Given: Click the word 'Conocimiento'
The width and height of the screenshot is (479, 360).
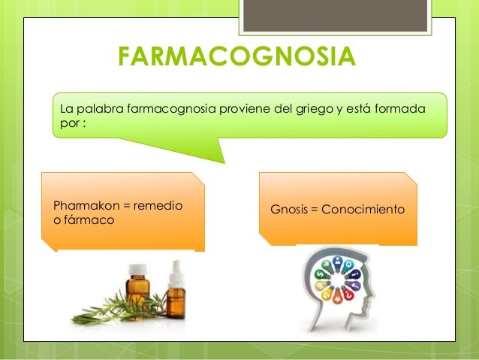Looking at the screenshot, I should [x=363, y=208].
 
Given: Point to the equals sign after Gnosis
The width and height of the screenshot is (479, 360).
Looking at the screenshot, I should [x=313, y=208].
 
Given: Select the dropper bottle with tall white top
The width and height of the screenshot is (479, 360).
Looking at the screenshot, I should [x=176, y=291].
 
